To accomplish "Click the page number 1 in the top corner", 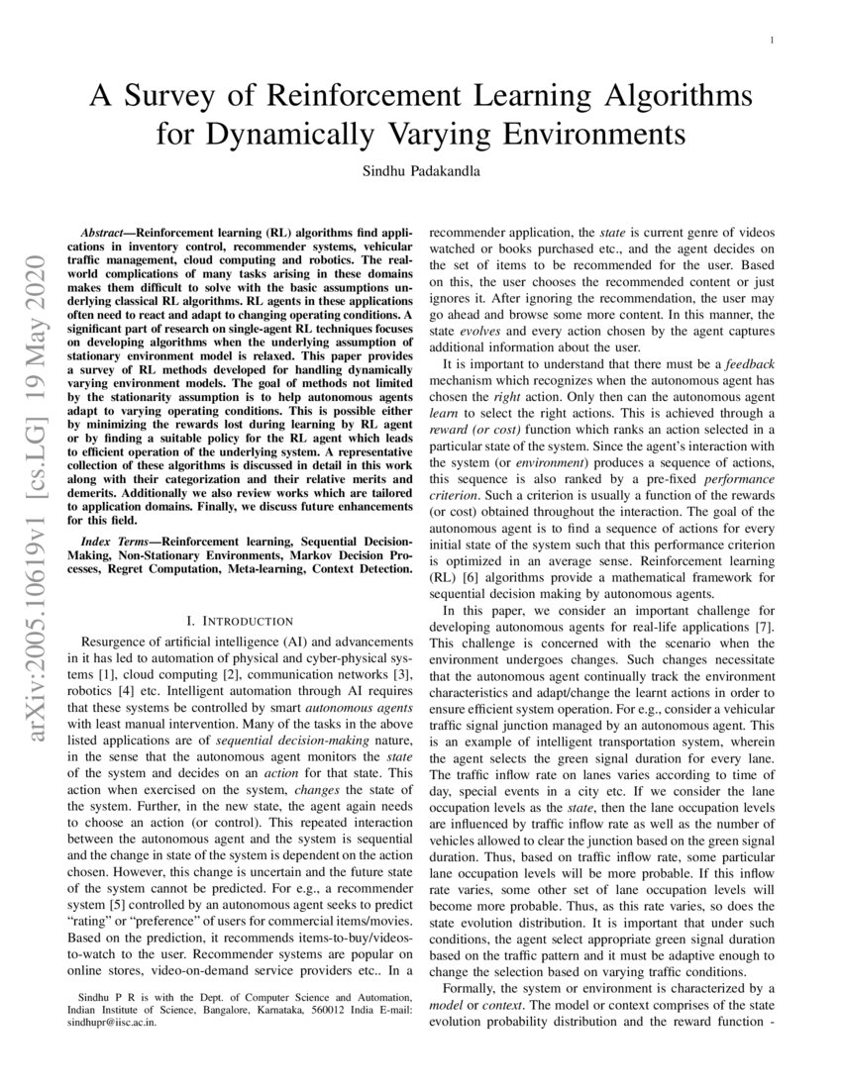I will [x=771, y=40].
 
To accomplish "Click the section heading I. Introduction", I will [x=237, y=621].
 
